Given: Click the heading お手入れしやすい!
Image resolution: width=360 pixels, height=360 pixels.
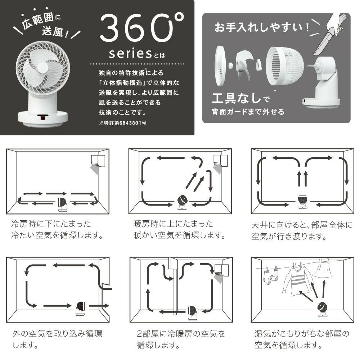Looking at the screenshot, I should pos(262,28).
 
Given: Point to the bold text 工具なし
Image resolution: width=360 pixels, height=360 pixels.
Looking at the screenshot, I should pos(236,98).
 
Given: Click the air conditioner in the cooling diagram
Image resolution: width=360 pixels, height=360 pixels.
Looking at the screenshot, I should pos(98,160).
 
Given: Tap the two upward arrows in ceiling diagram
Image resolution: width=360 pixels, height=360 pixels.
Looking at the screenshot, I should pos(301,178).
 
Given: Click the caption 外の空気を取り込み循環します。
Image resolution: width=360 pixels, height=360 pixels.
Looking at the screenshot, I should pos(58,339).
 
